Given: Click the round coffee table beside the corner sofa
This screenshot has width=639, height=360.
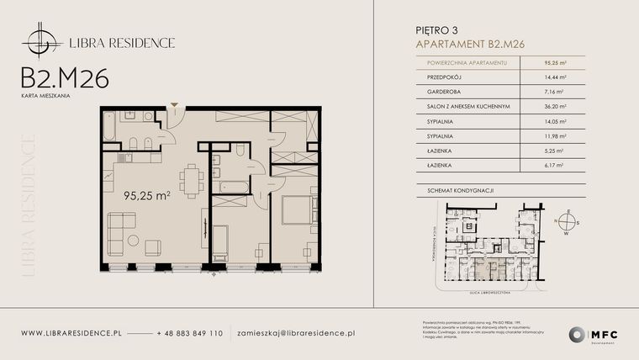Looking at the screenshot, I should [x=133, y=241].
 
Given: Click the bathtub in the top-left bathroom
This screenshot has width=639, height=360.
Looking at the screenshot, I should [x=110, y=127].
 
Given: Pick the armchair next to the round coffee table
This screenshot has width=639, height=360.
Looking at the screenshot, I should [x=153, y=247].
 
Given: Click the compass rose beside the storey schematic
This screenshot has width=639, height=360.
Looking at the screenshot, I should [x=568, y=223].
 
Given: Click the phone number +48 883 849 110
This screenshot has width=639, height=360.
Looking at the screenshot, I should [x=190, y=333].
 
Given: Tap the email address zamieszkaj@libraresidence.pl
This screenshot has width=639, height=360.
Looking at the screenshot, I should [x=296, y=333].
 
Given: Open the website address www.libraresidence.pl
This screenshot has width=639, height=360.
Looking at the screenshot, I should [x=71, y=333].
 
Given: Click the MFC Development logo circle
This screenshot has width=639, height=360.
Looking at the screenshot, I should [x=577, y=334].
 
